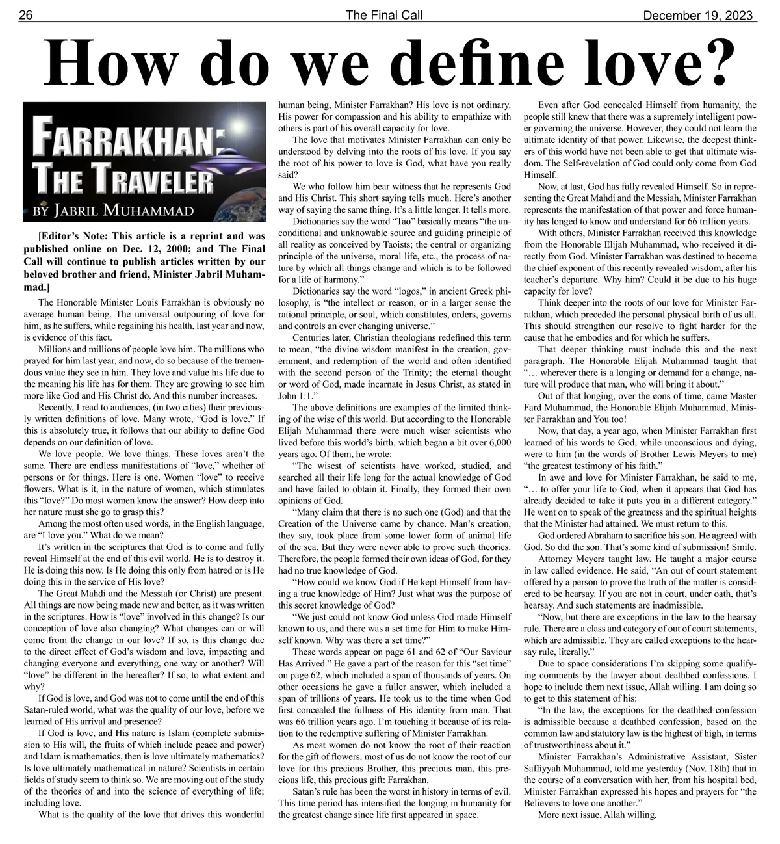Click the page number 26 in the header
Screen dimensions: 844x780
click(x=27, y=15)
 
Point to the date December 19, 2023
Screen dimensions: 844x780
click(x=700, y=15)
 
